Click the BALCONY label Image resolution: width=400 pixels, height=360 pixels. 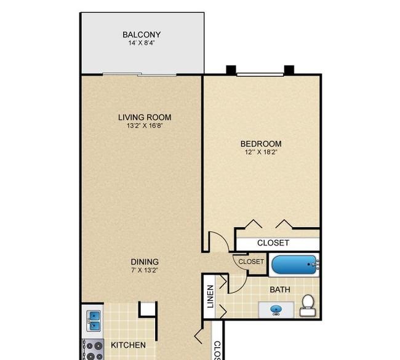click(142, 34)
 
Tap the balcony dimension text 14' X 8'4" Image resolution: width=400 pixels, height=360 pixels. click(142, 43)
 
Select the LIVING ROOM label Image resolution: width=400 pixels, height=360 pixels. click(145, 118)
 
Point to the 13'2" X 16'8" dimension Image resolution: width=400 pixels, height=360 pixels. click(145, 126)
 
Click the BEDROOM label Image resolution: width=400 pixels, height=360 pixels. click(261, 144)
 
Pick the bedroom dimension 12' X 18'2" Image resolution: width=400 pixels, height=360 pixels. click(261, 152)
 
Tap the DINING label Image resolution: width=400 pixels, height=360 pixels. click(145, 262)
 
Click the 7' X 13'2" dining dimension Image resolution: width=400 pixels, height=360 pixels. click(145, 270)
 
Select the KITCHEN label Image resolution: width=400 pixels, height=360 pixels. click(129, 345)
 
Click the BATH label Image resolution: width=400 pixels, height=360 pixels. click(280, 290)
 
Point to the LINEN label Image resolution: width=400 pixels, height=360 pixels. click(210, 297)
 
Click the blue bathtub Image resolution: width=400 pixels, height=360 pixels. click(294, 265)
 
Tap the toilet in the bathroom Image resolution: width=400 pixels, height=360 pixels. click(308, 305)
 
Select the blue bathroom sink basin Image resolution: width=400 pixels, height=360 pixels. click(276, 310)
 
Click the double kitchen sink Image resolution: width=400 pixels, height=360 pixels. click(94, 321)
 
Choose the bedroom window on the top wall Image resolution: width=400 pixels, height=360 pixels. click(260, 74)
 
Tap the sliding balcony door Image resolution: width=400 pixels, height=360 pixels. click(140, 74)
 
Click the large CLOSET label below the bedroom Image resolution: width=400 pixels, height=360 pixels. click(273, 243)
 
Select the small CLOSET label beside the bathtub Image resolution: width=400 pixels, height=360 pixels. click(251, 262)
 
